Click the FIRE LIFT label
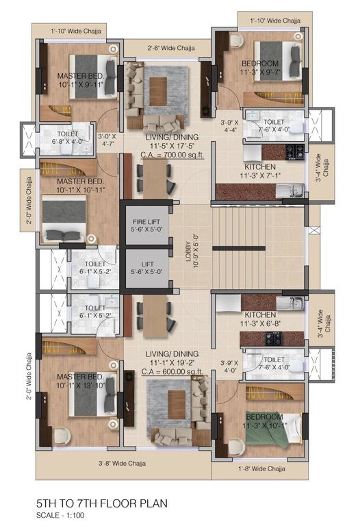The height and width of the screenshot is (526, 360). coord(146,222)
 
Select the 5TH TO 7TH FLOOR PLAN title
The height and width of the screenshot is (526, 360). coord(102,503)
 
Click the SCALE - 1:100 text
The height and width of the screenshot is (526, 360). coord(60,515)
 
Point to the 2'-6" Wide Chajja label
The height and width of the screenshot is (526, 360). coord(171,48)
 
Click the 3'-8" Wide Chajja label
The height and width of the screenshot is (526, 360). coord(122,463)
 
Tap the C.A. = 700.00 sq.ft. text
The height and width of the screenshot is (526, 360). coord(172,155)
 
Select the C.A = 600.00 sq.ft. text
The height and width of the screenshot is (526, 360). coord(172,372)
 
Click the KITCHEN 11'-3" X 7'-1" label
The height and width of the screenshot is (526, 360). coord(260,171)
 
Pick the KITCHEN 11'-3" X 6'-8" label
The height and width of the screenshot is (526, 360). coord(260,319)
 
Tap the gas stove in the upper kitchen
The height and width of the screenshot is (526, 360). coord(295,152)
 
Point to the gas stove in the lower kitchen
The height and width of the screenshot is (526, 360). coord(274,339)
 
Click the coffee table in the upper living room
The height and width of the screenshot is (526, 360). coord(158,91)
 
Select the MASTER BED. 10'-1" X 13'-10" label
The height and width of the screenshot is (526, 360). coord(81,381)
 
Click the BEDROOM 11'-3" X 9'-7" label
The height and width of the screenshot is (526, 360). coord(260,68)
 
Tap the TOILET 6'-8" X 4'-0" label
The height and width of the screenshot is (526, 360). coord(68,138)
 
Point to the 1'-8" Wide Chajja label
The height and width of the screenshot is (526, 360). coord(262,468)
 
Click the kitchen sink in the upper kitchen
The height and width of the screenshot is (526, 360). coord(290,191)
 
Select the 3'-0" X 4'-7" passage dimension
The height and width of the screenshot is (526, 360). coord(107,140)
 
